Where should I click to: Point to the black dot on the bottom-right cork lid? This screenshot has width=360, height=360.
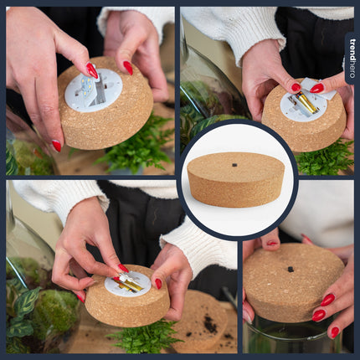(290, 269)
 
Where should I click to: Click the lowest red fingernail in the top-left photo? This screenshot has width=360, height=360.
(56, 145)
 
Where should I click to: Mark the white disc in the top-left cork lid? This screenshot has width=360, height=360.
(93, 90)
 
